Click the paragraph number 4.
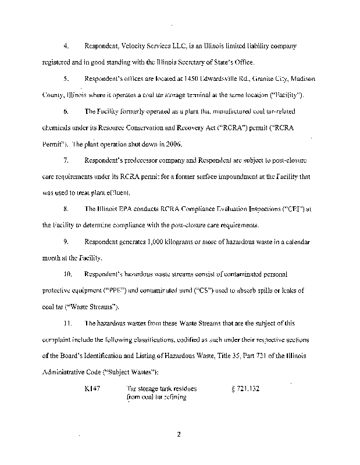tap(66, 45)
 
